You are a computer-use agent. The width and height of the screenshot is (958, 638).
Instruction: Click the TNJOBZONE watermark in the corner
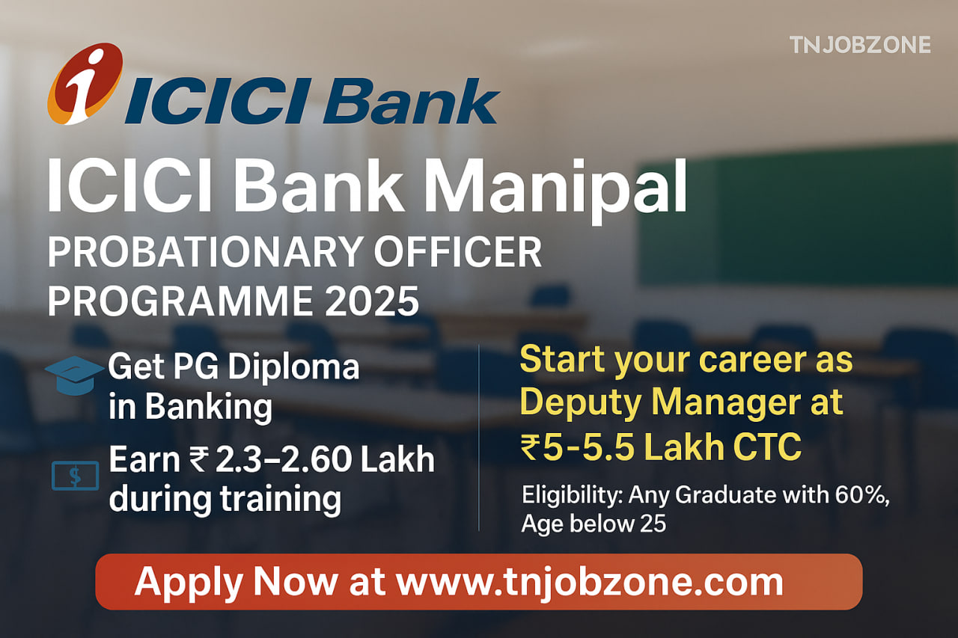[x=860, y=45]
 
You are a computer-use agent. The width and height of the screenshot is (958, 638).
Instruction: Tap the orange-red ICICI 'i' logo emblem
[x=85, y=84]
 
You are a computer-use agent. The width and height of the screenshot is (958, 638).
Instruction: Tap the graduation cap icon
[x=73, y=372]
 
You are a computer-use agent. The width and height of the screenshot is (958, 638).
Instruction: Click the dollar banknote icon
[x=76, y=476]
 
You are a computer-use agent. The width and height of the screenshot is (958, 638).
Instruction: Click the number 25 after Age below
[x=653, y=524]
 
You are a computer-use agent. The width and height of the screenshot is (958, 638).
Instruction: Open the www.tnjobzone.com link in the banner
[x=589, y=581]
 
